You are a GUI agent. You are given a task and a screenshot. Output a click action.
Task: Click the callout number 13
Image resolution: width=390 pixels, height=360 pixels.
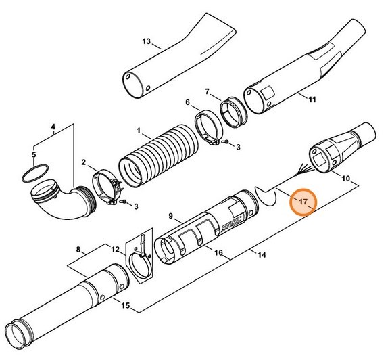[x=146, y=42]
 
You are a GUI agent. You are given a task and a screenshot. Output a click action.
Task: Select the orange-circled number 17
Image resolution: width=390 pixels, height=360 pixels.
[x=303, y=202]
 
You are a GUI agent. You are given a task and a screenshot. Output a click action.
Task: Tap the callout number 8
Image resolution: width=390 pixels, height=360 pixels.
[x=80, y=250]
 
